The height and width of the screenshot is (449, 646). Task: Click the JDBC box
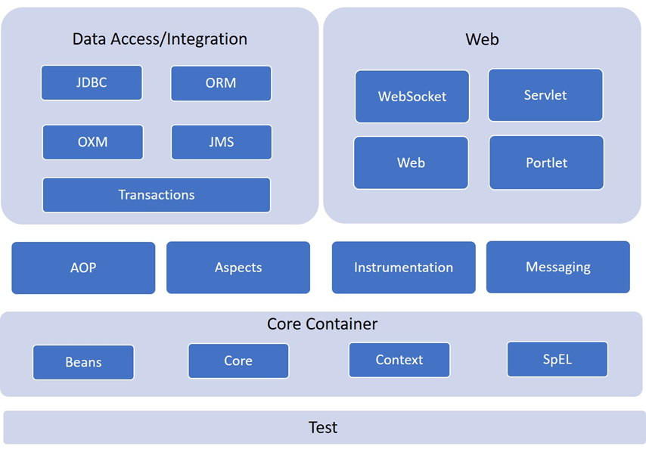(92, 83)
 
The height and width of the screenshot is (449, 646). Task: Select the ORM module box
(221, 83)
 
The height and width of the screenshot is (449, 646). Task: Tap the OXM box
(92, 142)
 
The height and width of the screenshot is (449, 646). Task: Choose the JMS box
(221, 142)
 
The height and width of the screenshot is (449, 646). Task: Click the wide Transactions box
(157, 195)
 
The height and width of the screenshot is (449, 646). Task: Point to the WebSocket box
(412, 97)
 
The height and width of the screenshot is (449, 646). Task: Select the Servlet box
(545, 95)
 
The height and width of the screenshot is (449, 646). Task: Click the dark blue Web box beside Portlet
(412, 163)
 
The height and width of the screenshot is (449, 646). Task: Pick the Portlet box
(546, 163)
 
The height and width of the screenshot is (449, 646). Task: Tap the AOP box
(83, 268)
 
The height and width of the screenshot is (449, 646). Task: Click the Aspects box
(238, 268)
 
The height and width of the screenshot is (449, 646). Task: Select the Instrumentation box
(404, 268)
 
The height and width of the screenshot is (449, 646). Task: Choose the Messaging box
(558, 267)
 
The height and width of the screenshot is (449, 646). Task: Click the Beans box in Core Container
(83, 362)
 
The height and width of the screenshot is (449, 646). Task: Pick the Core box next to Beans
(238, 361)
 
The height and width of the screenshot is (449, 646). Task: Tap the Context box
(399, 360)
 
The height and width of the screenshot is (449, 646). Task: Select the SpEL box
(557, 359)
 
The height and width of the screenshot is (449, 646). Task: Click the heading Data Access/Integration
(160, 39)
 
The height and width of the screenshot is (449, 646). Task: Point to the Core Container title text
(322, 324)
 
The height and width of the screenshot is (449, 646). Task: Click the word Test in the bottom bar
(323, 428)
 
